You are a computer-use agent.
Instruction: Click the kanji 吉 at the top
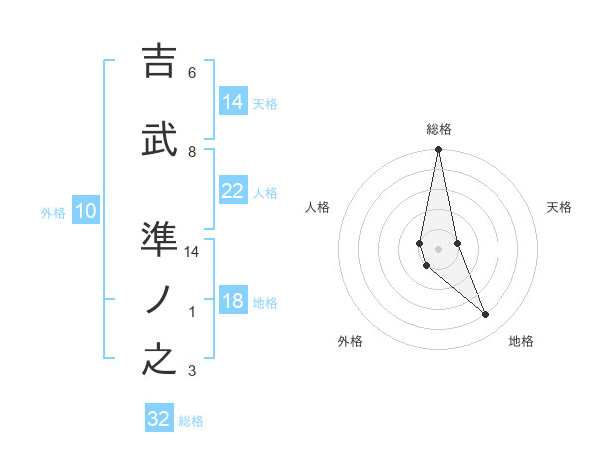pyautogui.click(x=160, y=62)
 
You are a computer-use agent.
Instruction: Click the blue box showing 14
pyautogui.click(x=233, y=101)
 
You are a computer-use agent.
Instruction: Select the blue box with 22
pyautogui.click(x=233, y=191)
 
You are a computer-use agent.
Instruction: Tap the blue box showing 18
pyautogui.click(x=233, y=302)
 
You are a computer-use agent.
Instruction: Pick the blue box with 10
pyautogui.click(x=86, y=211)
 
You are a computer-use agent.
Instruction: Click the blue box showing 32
pyautogui.click(x=159, y=419)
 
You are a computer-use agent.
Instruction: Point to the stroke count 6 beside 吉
pyautogui.click(x=191, y=73)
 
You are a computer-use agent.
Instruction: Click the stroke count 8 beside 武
pyautogui.click(x=191, y=151)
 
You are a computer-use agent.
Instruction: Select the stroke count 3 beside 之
pyautogui.click(x=191, y=372)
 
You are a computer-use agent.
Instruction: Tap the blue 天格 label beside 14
pyautogui.click(x=265, y=103)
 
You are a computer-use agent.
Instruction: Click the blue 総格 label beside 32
pyautogui.click(x=191, y=421)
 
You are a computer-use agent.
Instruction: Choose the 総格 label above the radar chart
pyautogui.click(x=439, y=129)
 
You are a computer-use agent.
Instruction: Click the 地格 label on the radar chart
pyautogui.click(x=521, y=341)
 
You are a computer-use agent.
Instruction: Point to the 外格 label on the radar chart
pyautogui.click(x=350, y=341)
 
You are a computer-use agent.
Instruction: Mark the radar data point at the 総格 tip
pyautogui.click(x=438, y=150)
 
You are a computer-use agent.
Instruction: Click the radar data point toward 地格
pyautogui.click(x=486, y=315)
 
